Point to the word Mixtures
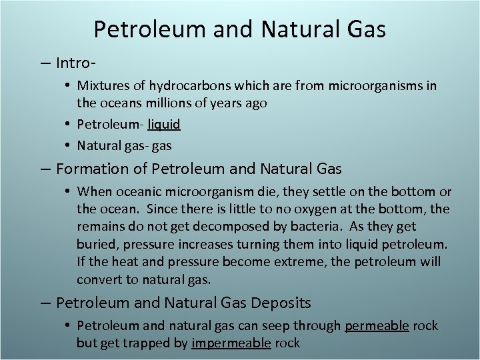[103, 86]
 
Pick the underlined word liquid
[164, 124]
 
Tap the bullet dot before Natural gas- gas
[69, 145]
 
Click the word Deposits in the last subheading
[281, 303]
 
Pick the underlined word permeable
[377, 326]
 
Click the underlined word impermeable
[231, 343]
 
